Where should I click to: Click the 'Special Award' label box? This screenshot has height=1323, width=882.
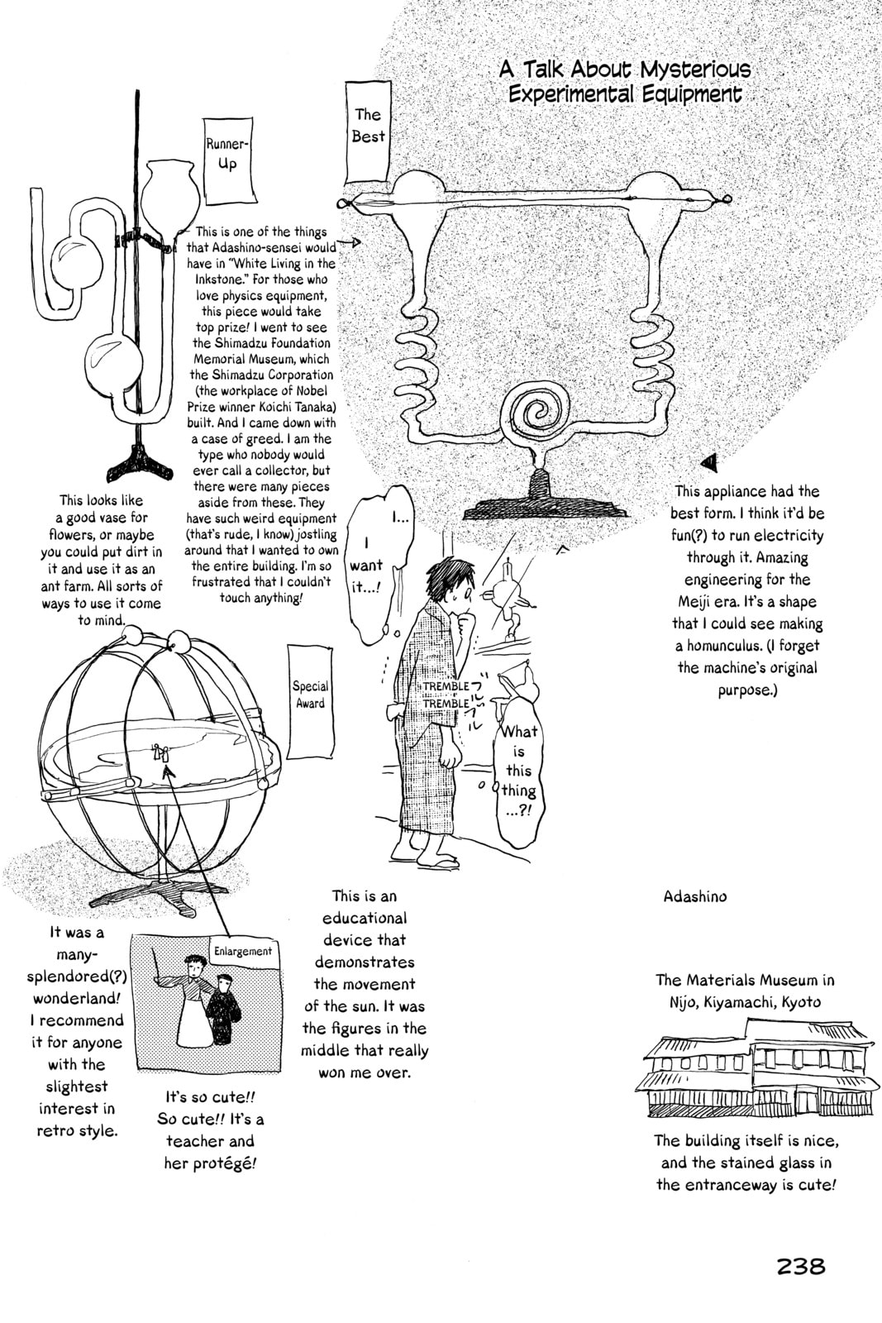(x=311, y=695)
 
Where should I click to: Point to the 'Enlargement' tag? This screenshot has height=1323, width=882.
(x=243, y=952)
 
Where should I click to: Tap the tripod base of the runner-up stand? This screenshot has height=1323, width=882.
(x=141, y=464)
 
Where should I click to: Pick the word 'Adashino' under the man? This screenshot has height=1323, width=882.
(x=695, y=896)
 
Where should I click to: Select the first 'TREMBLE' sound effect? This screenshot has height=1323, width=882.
(x=446, y=686)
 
